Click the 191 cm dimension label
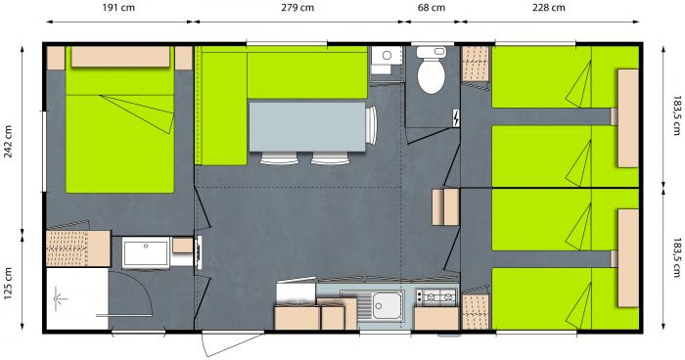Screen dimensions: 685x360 point(118,8)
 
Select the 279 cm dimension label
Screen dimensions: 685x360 point(297,8)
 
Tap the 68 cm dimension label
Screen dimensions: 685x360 point(432,8)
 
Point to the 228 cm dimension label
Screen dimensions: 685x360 point(549,8)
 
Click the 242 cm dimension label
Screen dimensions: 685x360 point(8,142)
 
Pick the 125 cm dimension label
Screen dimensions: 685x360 point(8,284)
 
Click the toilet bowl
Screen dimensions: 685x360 point(432,76)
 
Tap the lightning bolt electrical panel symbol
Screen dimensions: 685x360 point(456,118)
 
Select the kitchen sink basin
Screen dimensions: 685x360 point(387,306)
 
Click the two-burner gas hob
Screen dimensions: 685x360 point(436,297)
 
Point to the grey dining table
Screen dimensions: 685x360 point(307,127)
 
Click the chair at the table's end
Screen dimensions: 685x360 point(371,125)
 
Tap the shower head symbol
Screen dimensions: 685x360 point(59,299)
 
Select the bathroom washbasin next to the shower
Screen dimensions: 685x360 point(146,252)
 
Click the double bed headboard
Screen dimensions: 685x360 point(120,57)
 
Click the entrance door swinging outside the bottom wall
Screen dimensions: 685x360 point(232,343)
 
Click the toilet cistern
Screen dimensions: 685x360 point(432,52)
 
